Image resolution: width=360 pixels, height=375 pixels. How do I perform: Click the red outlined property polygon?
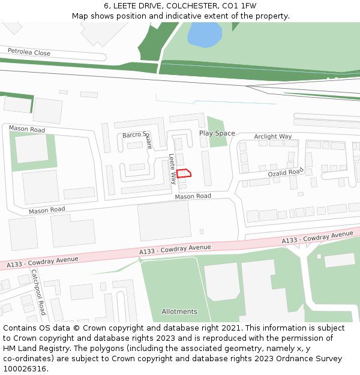coord(184,173)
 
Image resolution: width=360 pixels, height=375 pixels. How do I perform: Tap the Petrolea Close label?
coord(29,53)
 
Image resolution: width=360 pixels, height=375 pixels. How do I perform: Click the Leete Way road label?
coord(173,168)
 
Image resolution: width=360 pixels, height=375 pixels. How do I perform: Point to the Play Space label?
coord(217,133)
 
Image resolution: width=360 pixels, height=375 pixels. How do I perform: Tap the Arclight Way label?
coord(272,137)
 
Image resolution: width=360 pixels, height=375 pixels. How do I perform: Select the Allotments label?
coord(179,311)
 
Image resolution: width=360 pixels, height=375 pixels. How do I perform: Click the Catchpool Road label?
coord(38,292)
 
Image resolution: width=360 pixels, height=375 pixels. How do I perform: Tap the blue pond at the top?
coord(205,35)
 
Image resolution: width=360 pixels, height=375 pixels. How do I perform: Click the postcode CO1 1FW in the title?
coord(239,6)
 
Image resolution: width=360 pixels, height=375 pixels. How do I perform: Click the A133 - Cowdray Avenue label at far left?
coord(43,262)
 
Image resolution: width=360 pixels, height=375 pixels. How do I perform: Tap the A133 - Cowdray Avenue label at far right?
coord(318,238)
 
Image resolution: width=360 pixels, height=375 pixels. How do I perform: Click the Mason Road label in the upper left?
coord(26,129)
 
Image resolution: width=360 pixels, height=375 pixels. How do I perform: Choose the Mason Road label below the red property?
coord(193,196)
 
